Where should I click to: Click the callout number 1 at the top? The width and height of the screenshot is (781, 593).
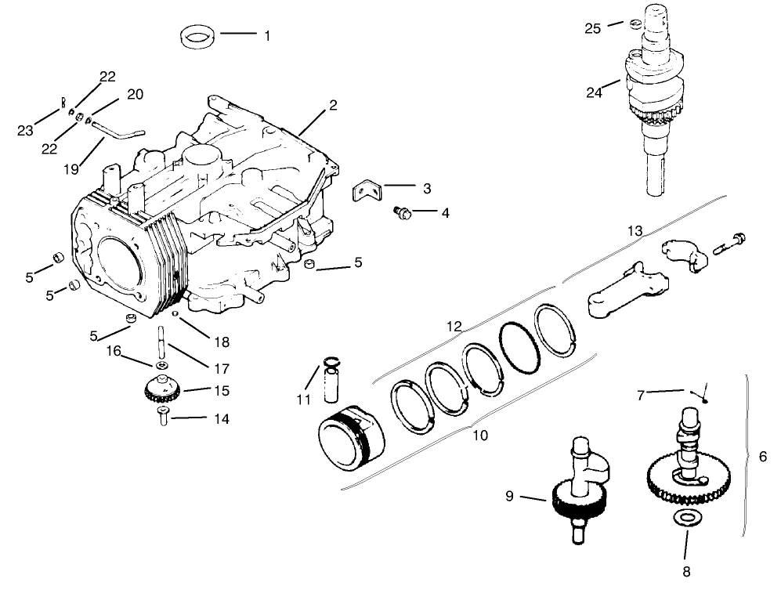click(x=266, y=36)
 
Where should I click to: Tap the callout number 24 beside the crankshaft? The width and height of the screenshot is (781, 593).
click(x=594, y=92)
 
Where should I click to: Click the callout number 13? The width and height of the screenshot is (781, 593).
click(x=634, y=230)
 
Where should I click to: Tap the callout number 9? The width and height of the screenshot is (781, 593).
click(x=510, y=495)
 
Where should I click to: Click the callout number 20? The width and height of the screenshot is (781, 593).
click(x=135, y=94)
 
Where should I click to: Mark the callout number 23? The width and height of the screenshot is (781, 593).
click(x=25, y=130)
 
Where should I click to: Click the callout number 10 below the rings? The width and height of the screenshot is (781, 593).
click(x=479, y=434)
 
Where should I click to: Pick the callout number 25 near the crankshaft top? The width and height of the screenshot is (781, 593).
click(x=593, y=28)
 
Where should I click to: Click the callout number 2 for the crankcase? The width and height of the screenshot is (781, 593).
click(x=333, y=104)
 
